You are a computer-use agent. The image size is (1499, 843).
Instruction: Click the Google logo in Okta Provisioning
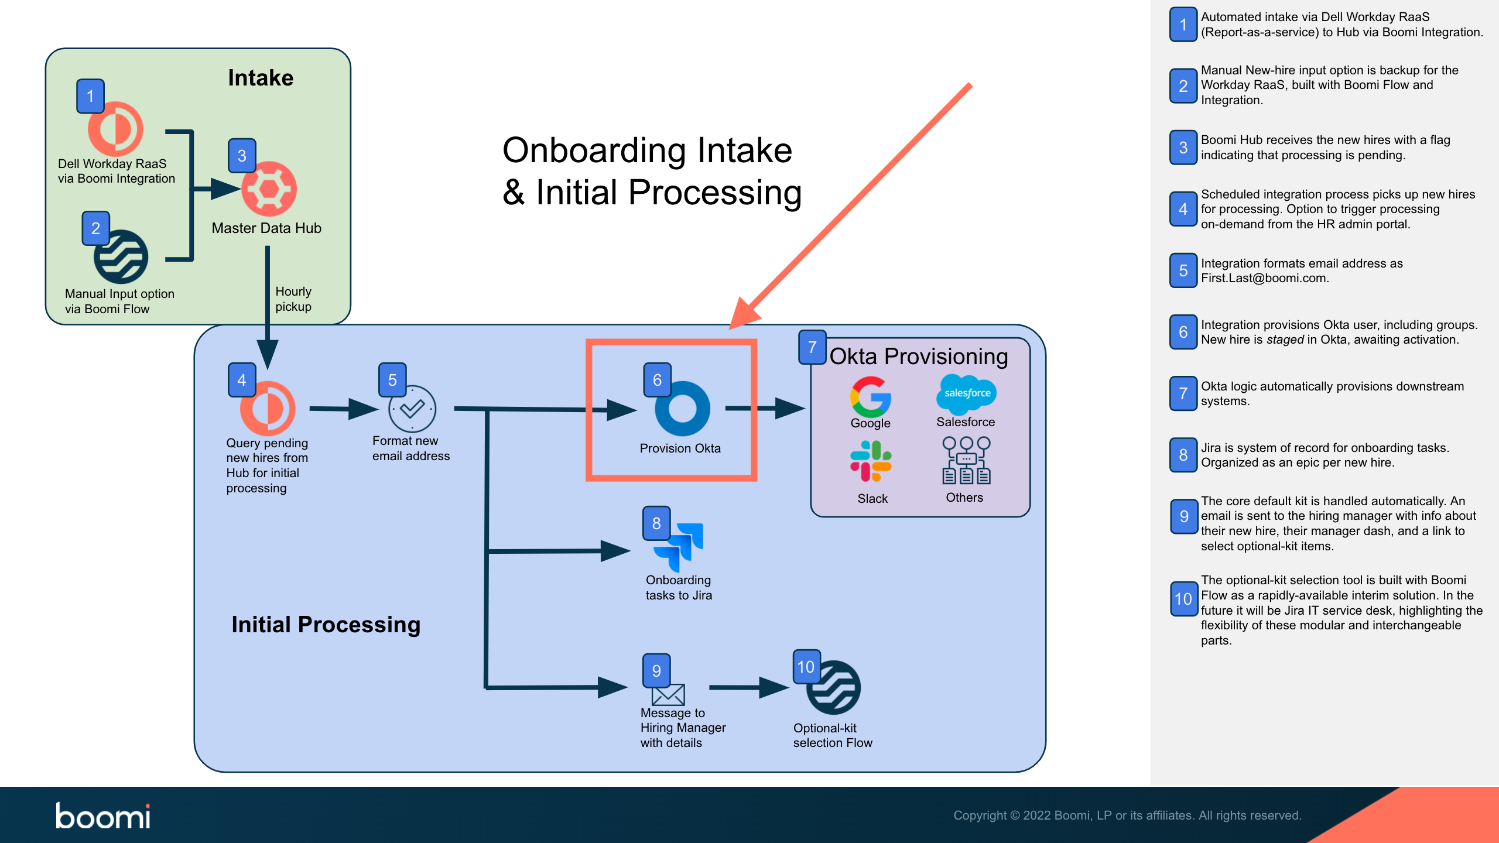tap(870, 397)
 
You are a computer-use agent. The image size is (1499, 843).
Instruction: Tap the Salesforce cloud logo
tap(967, 393)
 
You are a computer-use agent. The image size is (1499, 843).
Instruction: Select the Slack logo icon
tap(871, 461)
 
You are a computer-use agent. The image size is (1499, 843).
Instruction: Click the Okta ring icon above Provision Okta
tap(682, 409)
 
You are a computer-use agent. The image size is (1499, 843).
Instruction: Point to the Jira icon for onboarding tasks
tap(679, 546)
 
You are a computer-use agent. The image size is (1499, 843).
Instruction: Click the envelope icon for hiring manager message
tap(668, 695)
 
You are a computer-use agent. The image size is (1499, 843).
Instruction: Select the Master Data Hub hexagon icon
tap(269, 189)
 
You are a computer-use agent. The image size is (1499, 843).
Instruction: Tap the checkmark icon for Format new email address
tap(412, 409)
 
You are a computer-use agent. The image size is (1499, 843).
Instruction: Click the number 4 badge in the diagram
tap(241, 380)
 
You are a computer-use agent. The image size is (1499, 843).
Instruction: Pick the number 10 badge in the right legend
tap(1183, 599)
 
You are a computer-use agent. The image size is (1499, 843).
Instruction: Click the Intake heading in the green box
tap(261, 78)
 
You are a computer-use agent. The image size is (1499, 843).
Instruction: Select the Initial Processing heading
tap(326, 625)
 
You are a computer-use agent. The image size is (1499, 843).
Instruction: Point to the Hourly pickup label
tap(293, 299)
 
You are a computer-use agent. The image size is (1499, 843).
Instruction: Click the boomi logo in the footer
tap(103, 815)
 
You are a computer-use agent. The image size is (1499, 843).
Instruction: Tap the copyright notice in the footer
tap(1127, 815)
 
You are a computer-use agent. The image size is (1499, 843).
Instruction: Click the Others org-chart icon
tap(966, 461)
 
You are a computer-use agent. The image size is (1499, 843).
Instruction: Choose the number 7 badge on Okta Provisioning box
tap(812, 347)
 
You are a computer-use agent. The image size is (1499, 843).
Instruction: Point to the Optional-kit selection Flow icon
tap(834, 688)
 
